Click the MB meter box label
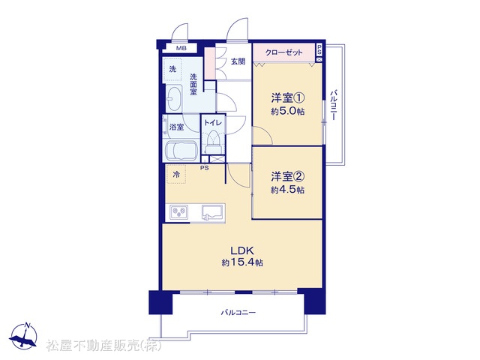point(181,48)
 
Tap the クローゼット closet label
point(283,52)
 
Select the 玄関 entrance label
point(238,61)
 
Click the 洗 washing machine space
point(172,70)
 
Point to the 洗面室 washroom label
point(193,84)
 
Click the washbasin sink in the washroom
point(174,98)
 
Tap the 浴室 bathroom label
point(177,127)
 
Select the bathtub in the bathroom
point(181,151)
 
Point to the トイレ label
point(213,123)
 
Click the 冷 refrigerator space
point(176,175)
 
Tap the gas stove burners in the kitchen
point(179,211)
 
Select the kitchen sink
point(211,211)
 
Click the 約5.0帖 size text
point(287,112)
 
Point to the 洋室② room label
point(287,177)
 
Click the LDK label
point(242,251)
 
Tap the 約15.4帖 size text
point(242,262)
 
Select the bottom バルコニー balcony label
point(238,313)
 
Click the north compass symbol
point(23,336)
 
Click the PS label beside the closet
point(319,50)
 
